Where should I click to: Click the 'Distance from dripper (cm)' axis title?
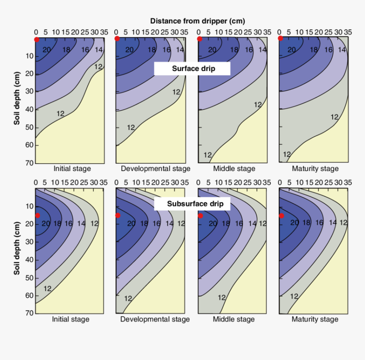coord(197,21)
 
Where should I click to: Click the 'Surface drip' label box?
coord(192,68)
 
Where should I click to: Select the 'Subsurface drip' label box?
coord(192,204)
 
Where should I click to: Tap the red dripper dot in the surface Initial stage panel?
coord(36,39)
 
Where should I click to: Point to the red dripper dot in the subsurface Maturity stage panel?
coord(281,216)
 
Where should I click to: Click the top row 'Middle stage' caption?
coord(234,169)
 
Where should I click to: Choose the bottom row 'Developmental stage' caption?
coord(155,319)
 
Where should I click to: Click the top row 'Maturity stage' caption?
coord(315,169)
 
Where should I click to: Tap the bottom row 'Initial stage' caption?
coord(70,319)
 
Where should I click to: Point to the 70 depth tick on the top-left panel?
coord(29,163)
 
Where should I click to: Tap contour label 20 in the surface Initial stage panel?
coord(47,50)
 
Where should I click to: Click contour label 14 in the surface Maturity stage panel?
coord(342,50)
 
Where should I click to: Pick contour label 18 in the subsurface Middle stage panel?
coord(226,223)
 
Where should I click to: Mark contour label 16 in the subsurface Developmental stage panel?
coord(156,223)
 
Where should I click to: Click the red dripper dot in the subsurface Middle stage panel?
coord(200,216)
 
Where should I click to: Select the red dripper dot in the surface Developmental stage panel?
coord(117,39)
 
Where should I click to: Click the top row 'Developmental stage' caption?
coord(155,169)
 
